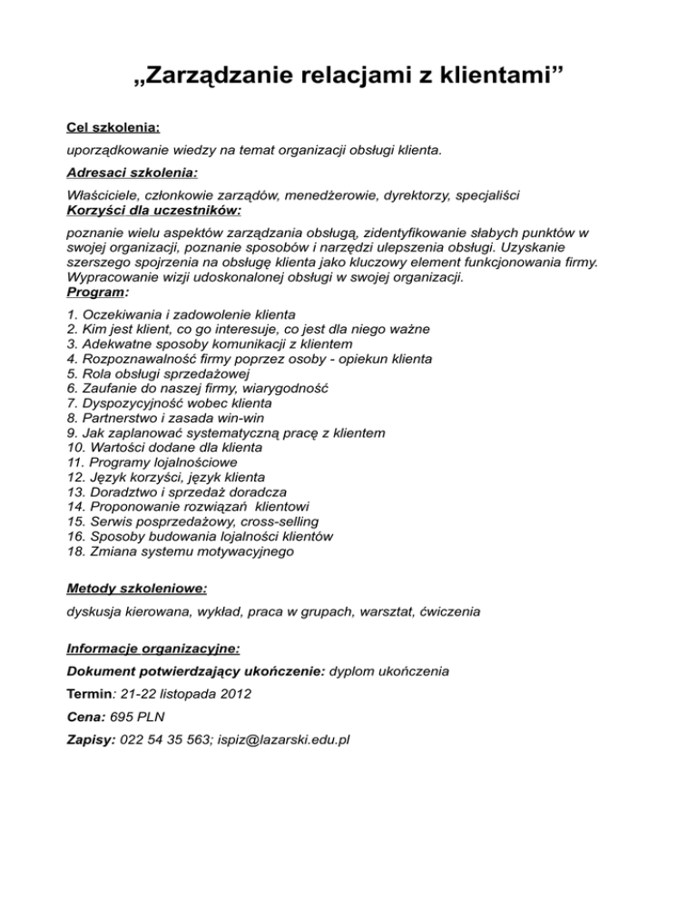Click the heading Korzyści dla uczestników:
[154, 210]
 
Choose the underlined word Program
[95, 293]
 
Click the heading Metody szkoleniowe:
[137, 589]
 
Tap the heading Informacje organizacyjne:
[153, 650]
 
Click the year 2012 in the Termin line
[234, 694]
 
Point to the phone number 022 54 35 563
[164, 739]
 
